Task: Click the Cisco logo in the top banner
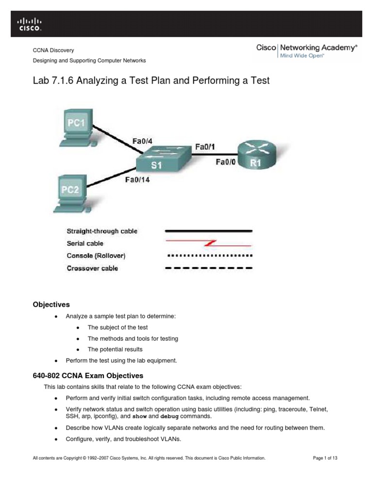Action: [30, 24]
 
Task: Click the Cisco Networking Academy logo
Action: [307, 50]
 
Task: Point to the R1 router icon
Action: [255, 155]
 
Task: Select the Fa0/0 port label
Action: [226, 163]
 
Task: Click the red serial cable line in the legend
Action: [209, 243]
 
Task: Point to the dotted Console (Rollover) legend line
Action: [209, 255]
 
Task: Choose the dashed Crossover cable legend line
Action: [209, 268]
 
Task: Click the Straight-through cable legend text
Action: [102, 231]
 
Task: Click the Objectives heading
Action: [51, 305]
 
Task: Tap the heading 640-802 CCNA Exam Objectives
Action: [88, 375]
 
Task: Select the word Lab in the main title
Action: [42, 81]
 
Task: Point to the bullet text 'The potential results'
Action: [115, 349]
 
